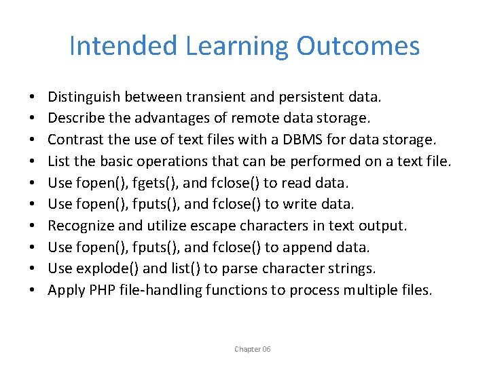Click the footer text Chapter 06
[x=253, y=349]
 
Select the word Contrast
[x=74, y=140]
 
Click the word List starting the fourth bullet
[x=58, y=162]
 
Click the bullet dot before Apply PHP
[x=33, y=290]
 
